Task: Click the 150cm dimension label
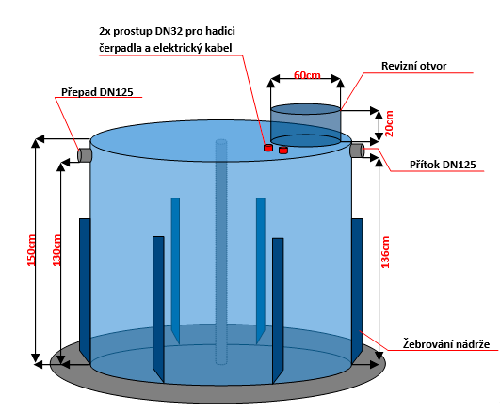point(31,250)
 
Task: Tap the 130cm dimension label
point(56,250)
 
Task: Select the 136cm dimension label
point(385,252)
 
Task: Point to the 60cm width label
point(307,75)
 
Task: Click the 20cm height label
point(389,123)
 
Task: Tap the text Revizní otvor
point(413,66)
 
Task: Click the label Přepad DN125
point(97,92)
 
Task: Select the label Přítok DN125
point(443,165)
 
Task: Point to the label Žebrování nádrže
point(446,344)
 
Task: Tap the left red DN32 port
point(268,148)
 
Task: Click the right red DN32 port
point(283,150)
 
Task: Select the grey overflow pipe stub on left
point(85,155)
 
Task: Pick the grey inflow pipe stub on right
point(357,151)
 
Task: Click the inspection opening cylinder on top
point(305,125)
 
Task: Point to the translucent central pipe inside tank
point(221,252)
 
